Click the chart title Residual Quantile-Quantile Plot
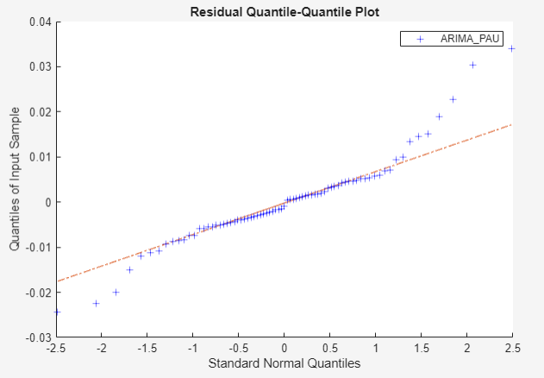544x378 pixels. (x=284, y=9)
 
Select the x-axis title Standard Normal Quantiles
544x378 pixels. (x=285, y=364)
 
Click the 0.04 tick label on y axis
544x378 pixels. (x=37, y=22)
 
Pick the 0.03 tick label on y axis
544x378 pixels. (x=37, y=66)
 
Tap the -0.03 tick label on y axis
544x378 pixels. (x=35, y=337)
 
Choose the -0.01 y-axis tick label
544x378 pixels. (x=35, y=248)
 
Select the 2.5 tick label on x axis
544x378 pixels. (x=512, y=349)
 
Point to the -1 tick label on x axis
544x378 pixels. (x=193, y=349)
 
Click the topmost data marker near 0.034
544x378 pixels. (x=512, y=48)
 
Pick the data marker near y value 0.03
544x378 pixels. (x=472, y=65)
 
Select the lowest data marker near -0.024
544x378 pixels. (x=57, y=312)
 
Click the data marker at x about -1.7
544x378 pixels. (x=130, y=269)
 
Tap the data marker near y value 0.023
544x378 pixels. (x=453, y=99)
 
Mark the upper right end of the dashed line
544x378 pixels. (x=513, y=124)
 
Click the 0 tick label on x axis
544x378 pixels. (x=285, y=349)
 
